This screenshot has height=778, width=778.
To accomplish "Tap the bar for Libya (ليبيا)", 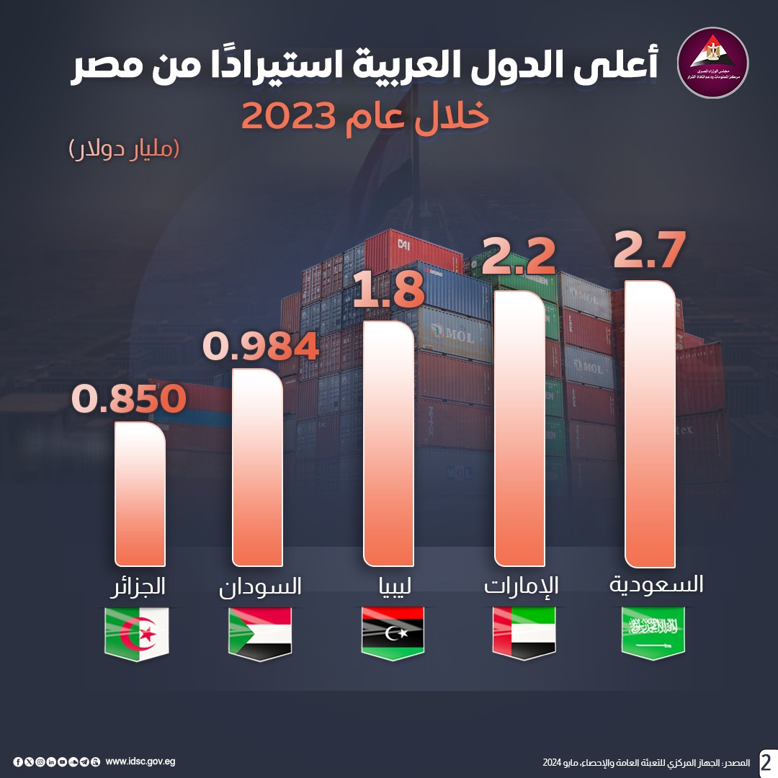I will pyautogui.click(x=389, y=443).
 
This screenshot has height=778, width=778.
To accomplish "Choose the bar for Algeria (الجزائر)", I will pyautogui.click(x=140, y=493).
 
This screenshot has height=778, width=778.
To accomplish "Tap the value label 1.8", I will pyautogui.click(x=390, y=290).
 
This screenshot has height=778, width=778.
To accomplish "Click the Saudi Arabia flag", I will pyautogui.click(x=653, y=632).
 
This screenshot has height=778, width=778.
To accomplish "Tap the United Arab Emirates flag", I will pyautogui.click(x=524, y=632).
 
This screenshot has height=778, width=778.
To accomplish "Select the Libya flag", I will pyautogui.click(x=393, y=632).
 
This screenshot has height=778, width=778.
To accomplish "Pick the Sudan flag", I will pyautogui.click(x=260, y=632).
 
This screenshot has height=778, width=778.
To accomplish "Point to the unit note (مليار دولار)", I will pyautogui.click(x=123, y=149).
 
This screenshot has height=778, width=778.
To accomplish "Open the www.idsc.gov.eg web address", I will pyautogui.click(x=140, y=761).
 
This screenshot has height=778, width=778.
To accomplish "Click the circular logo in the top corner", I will pyautogui.click(x=714, y=63).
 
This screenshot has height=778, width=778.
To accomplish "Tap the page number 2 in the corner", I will pyautogui.click(x=766, y=761).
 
